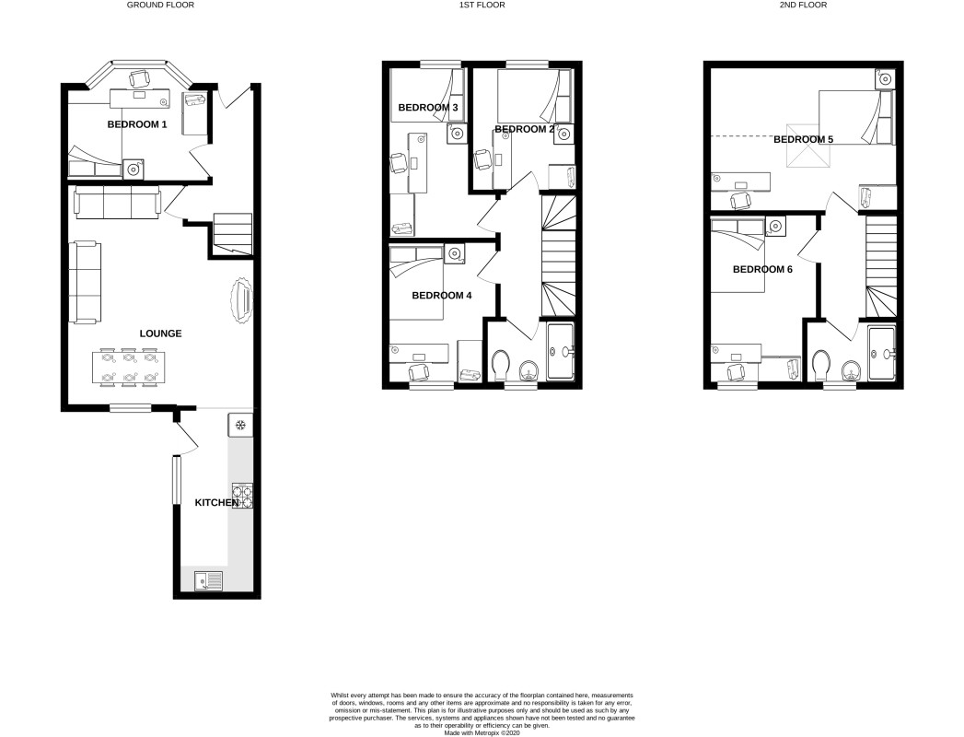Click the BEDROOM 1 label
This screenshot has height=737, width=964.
tap(137, 124)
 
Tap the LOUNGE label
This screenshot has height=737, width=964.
tap(160, 333)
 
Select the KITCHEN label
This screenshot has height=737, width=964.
tap(216, 503)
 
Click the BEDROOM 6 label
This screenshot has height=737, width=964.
tap(762, 269)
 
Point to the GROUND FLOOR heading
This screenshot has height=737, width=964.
tap(160, 5)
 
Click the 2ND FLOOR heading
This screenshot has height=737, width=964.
tap(803, 5)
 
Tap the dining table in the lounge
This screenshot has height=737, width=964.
tap(129, 367)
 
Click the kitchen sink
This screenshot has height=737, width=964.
tap(209, 580)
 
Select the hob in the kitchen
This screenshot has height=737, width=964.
tap(242, 497)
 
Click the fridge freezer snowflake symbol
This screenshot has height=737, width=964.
tap(240, 425)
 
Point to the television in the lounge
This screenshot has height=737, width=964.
tap(241, 301)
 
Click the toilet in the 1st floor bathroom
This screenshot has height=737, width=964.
tap(502, 366)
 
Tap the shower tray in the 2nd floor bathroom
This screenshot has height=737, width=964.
tap(882, 353)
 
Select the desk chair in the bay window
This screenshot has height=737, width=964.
tap(140, 78)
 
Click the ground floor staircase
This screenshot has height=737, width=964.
tap(232, 234)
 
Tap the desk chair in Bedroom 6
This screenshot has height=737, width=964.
tap(737, 371)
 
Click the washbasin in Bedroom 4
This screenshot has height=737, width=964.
tap(454, 253)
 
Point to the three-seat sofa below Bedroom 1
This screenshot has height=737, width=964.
tap(118, 203)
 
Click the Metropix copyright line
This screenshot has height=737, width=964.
tap(482, 732)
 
